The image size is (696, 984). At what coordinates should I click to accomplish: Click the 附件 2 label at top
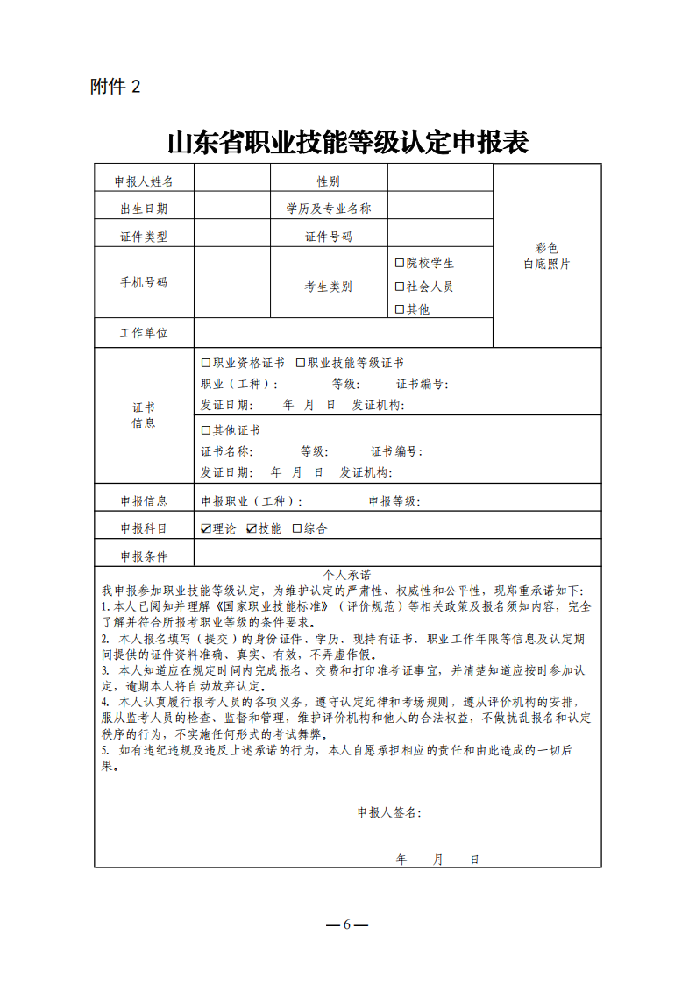(x=115, y=87)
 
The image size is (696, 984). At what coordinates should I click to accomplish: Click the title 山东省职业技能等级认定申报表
(x=348, y=142)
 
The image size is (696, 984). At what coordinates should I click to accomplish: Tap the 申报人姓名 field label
(x=144, y=181)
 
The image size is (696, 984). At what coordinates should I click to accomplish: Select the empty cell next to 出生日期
(x=232, y=208)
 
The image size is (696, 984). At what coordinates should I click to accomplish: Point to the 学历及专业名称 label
(x=329, y=209)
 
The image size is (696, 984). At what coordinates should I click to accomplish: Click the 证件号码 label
(x=329, y=237)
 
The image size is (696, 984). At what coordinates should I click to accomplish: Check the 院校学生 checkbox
(x=400, y=263)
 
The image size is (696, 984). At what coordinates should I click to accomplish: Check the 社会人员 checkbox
(x=400, y=287)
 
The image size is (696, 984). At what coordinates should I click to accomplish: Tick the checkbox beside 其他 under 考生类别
(x=400, y=309)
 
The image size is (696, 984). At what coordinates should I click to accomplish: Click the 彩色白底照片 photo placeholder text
(x=547, y=256)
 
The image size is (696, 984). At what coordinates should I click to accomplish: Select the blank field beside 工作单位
(x=343, y=333)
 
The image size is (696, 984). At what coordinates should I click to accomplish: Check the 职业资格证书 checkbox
(x=206, y=363)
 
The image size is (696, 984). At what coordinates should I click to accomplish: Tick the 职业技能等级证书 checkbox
(x=301, y=363)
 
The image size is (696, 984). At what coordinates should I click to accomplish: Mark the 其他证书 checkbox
(x=206, y=430)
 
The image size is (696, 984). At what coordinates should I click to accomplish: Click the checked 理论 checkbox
(x=206, y=528)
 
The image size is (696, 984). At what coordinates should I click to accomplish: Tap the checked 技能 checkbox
(x=252, y=528)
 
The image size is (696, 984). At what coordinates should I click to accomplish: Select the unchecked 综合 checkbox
(x=297, y=528)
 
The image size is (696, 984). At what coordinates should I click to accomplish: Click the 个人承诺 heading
(x=347, y=575)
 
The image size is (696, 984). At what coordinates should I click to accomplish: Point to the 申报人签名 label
(x=388, y=812)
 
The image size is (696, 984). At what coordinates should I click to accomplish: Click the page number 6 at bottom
(x=347, y=925)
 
